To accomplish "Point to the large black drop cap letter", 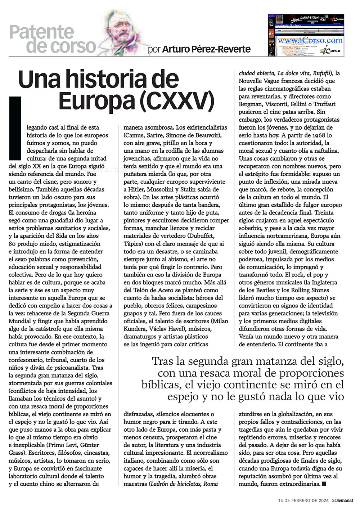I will pyautogui.click(x=15, y=127).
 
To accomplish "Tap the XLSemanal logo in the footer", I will pyautogui.click(x=342, y=500).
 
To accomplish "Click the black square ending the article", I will pyautogui.click(x=324, y=484).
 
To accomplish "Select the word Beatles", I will pyautogui.click(x=267, y=290).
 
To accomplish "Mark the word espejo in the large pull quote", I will pyautogui.click(x=183, y=396).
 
